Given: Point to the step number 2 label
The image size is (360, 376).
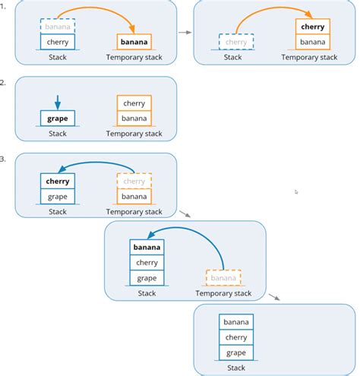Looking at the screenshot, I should [3, 82].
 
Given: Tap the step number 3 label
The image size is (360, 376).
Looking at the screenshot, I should [3, 159].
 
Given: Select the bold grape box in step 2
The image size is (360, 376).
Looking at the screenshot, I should [58, 118].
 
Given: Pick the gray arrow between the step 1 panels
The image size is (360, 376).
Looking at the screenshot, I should [185, 33].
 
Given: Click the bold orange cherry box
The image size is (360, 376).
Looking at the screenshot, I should [313, 27].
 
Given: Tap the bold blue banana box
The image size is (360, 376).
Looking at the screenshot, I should [147, 248].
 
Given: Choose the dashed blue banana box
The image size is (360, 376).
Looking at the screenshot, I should [58, 27].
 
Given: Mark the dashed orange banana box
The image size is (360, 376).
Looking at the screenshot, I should [223, 278].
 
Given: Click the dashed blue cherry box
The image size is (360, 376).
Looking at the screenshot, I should [236, 43].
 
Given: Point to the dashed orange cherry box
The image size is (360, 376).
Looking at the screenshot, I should [134, 181].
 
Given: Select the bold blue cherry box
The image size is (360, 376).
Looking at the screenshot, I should [58, 181].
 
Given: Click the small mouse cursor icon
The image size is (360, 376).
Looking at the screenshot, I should [296, 192].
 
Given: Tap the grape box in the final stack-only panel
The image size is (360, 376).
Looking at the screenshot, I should [236, 352].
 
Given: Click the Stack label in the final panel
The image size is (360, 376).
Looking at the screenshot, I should [236, 368].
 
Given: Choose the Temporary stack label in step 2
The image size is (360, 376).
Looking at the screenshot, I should [134, 134].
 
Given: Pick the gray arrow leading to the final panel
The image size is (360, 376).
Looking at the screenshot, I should [274, 297].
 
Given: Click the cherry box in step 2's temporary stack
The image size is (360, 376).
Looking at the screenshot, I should [134, 103].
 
